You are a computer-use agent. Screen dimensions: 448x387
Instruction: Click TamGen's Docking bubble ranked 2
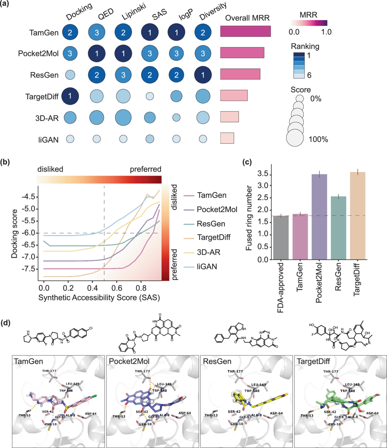coord(70,33)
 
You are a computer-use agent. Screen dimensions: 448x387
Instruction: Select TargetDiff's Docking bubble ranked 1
coord(70,96)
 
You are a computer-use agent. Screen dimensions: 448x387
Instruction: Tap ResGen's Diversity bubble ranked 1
coord(203,75)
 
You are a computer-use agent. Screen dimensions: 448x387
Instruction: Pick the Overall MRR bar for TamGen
coord(245,31)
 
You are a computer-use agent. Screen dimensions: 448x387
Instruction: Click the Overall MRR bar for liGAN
coord(227,138)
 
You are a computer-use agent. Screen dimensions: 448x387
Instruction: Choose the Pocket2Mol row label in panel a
coord(38,54)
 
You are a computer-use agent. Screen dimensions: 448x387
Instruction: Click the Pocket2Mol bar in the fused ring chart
coord(319,216)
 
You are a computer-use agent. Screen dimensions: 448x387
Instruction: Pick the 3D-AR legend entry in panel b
coord(209,252)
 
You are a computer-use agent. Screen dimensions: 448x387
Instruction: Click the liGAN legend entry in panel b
coord(207,267)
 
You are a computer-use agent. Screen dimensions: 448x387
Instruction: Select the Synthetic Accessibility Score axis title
coord(99,297)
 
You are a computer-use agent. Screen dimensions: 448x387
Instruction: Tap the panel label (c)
coord(247,162)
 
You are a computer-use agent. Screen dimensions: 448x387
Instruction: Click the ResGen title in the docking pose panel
coord(217,361)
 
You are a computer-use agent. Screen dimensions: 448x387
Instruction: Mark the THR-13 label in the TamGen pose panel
coord(24,415)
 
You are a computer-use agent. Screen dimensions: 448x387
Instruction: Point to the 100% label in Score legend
coord(318,139)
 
